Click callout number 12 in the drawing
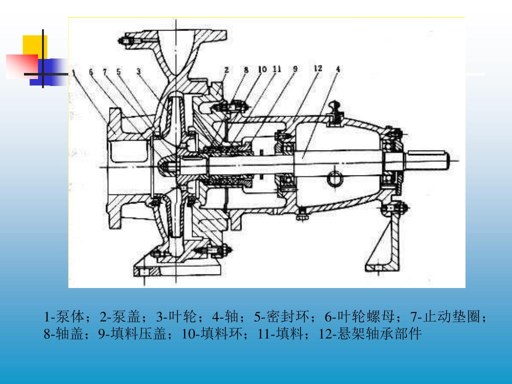point(318,68)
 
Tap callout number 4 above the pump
point(338,69)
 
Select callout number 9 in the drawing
point(294,69)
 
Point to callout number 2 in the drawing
point(226,70)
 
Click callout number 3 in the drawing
point(138,70)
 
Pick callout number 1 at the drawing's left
point(73,71)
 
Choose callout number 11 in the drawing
point(276,69)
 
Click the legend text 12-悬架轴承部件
point(370,333)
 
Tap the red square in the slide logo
point(21,66)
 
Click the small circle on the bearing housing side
point(334,177)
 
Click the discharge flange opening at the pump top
point(176,33)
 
